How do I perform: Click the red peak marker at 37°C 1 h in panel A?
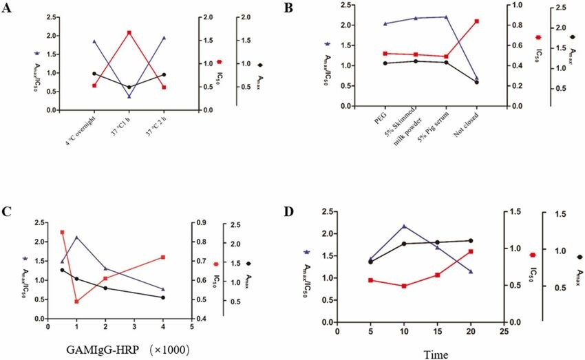coord(129,32)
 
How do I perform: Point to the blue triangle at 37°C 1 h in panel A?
coord(129,96)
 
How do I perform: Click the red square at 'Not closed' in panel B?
coord(476,21)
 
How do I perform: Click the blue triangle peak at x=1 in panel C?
coord(76,237)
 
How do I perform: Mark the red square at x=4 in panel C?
coord(162,257)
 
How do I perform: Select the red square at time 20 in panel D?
coord(471,251)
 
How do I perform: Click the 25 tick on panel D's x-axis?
coord(504,331)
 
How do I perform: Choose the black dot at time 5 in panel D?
coord(370,262)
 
